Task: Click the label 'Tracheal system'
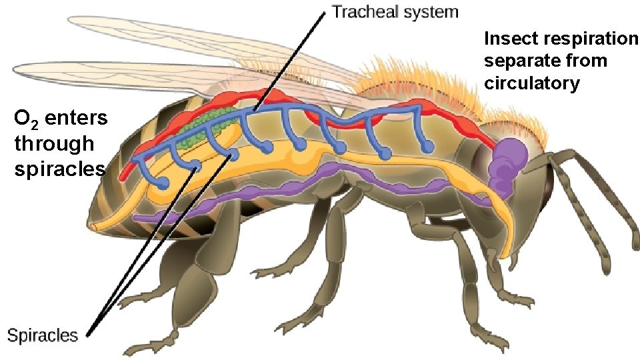395,11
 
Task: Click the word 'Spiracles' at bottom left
43,335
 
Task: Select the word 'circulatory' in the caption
532,83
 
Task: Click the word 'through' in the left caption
54,143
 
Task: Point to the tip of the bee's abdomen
94,227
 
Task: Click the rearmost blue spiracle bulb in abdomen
161,181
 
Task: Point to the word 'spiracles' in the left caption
59,167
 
